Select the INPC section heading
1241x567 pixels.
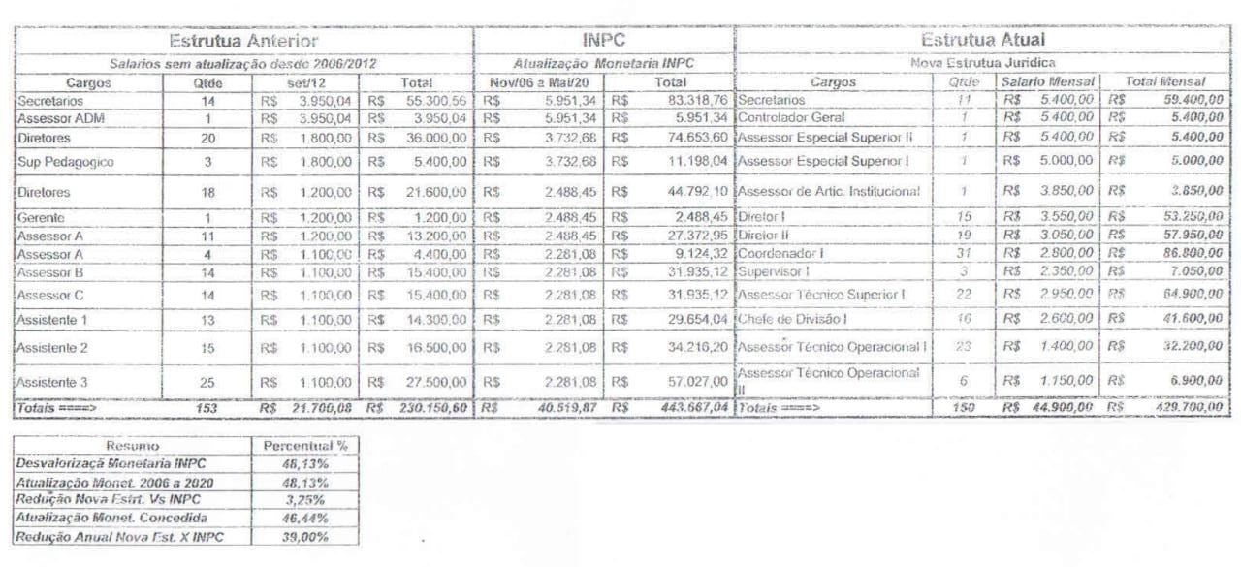604,41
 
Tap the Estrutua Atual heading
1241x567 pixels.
982,41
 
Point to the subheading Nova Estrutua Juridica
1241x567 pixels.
982,63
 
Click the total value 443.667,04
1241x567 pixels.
688,409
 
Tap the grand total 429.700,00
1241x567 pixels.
1185,409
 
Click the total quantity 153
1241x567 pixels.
208,409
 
